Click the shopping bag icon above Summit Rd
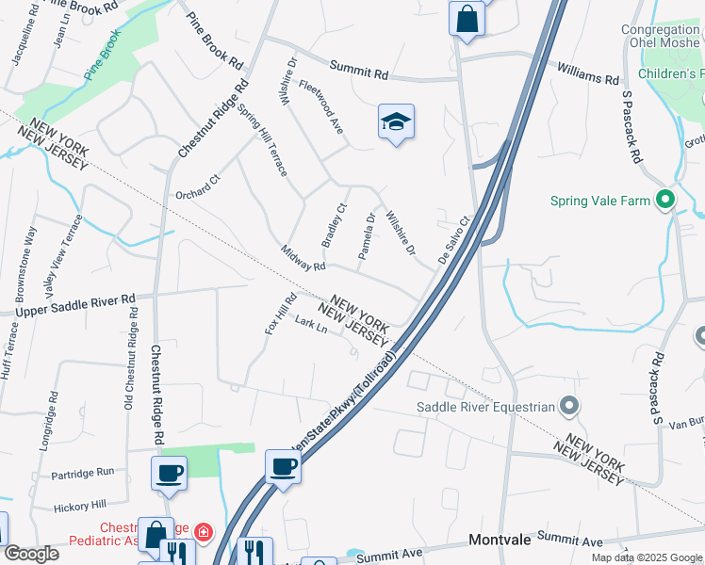pyautogui.click(x=467, y=18)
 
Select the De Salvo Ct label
pyautogui.click(x=453, y=241)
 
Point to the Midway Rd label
pyautogui.click(x=303, y=258)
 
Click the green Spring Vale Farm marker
pyautogui.click(x=665, y=200)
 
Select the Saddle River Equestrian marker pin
pyautogui.click(x=568, y=407)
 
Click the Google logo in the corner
pyautogui.click(x=32, y=554)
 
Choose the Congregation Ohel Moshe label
pyautogui.click(x=660, y=37)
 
